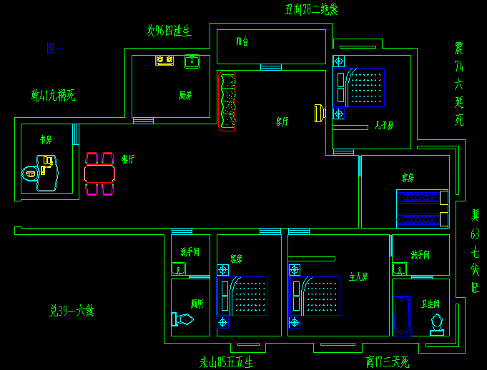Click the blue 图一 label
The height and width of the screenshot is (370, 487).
[x=55, y=49]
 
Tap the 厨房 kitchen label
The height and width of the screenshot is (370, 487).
[x=185, y=95]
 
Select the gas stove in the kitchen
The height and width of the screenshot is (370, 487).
[x=164, y=61]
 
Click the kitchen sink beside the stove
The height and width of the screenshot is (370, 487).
[x=192, y=61]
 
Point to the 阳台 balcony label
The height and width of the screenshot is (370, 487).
[x=242, y=42]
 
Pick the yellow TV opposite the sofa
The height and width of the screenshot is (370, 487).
[x=319, y=112]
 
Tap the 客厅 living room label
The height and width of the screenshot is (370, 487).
[x=282, y=121]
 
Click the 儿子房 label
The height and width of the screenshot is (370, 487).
[x=384, y=125]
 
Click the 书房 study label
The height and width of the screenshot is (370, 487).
[x=46, y=139]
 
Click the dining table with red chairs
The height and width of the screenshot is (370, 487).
[x=99, y=174]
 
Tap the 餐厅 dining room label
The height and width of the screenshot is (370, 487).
[x=128, y=159]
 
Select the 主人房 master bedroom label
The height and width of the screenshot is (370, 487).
[x=358, y=276]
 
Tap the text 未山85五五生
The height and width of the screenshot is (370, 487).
[x=226, y=362]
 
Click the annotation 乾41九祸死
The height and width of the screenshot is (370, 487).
[x=53, y=94]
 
